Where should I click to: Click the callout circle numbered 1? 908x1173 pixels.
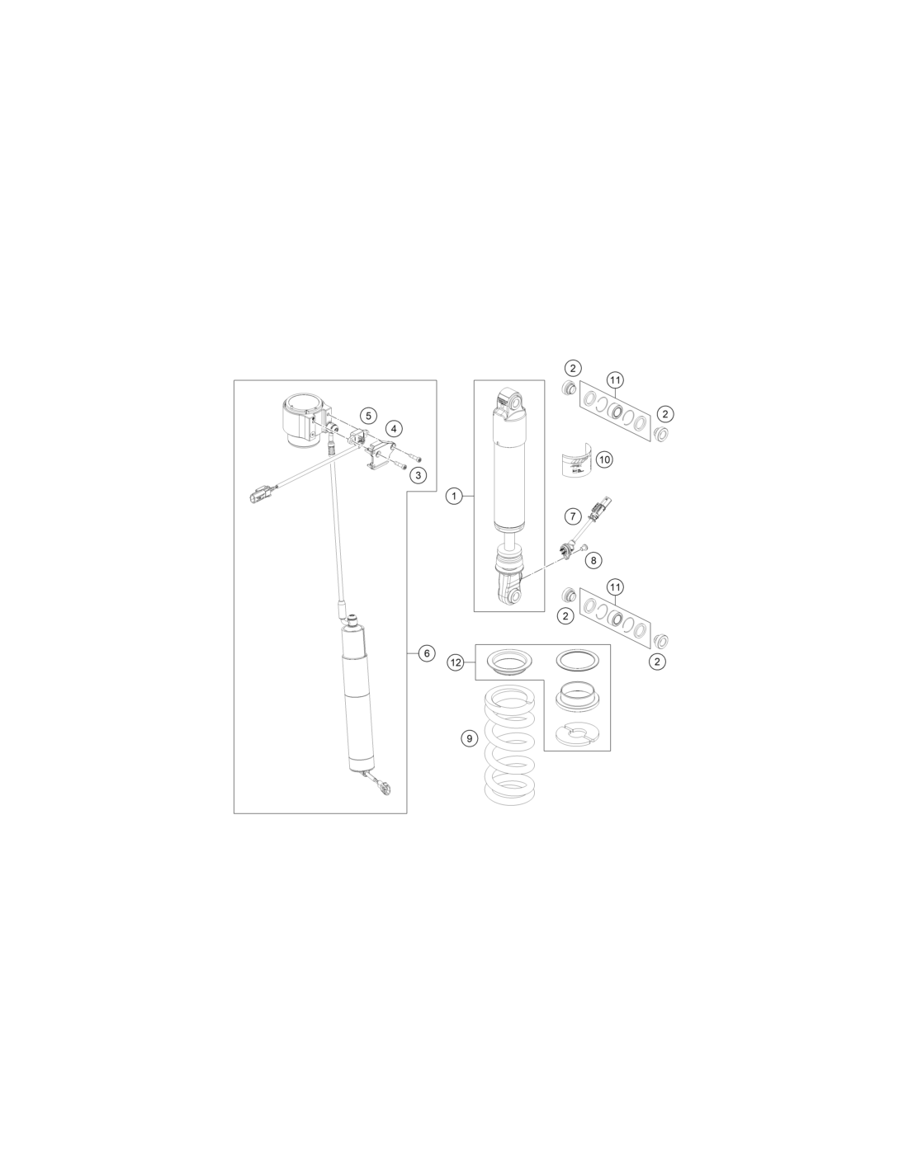click(454, 496)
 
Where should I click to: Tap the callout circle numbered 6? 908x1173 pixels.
click(427, 653)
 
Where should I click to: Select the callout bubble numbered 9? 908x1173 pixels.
click(470, 738)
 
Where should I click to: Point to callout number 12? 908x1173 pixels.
click(456, 662)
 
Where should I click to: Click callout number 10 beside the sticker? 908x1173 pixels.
click(604, 459)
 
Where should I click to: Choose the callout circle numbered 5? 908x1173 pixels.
click(368, 416)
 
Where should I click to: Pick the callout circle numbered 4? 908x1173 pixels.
click(394, 429)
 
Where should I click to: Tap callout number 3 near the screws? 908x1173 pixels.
click(418, 475)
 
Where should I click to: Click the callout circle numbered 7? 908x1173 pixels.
click(573, 516)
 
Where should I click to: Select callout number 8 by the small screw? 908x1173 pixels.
click(594, 560)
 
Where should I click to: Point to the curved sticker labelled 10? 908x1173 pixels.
click(576, 460)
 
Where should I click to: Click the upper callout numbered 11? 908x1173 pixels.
click(615, 380)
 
